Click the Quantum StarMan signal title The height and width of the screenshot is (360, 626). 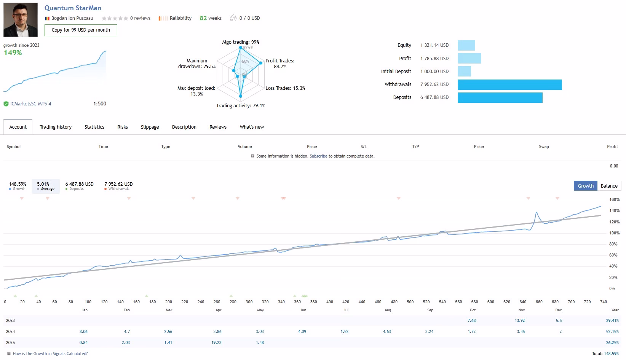point(73,8)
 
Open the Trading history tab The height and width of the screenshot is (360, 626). point(56,127)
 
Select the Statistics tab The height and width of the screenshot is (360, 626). point(94,127)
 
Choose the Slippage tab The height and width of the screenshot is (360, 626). point(150,127)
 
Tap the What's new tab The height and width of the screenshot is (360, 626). point(252,127)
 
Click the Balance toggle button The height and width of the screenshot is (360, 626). point(609,186)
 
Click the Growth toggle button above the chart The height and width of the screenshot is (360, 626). point(586,186)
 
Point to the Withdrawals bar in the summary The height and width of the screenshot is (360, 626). point(510,84)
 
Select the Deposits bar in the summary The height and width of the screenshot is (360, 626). point(500,97)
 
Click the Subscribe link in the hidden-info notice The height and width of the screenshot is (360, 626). point(318,156)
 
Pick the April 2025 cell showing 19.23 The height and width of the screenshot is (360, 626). point(216,342)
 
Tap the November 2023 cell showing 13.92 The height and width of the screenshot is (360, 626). point(519,320)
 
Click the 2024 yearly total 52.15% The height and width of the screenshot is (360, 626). point(612,331)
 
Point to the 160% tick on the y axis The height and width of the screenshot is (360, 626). point(614,199)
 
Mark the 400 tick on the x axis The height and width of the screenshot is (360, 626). point(329,302)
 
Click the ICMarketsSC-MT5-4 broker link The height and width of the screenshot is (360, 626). point(30,104)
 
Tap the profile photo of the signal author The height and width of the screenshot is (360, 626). point(21,19)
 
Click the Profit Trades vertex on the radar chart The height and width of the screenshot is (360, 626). point(261,63)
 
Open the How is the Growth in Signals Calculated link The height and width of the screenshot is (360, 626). point(50,354)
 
